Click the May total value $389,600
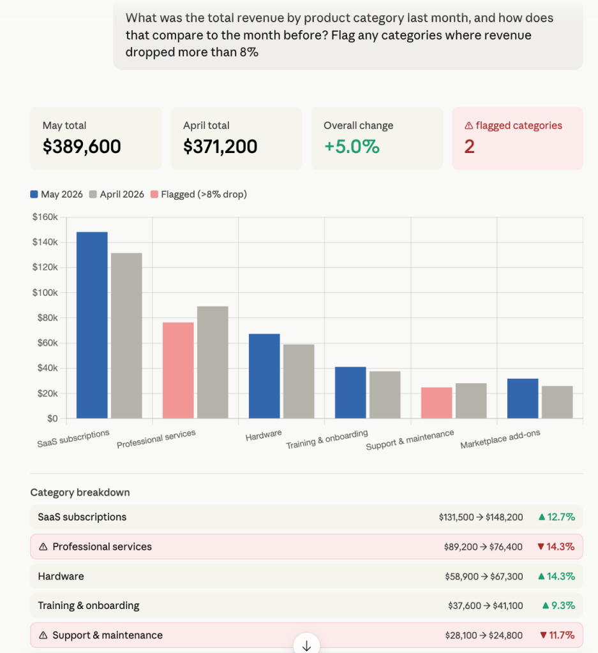[x=82, y=147]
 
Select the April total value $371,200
[x=220, y=147]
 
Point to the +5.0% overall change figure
[x=352, y=147]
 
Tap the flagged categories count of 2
[x=469, y=147]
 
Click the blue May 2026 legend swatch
[x=34, y=194]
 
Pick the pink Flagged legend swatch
[x=154, y=194]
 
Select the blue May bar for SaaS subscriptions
[x=92, y=325]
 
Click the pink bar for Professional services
[x=178, y=371]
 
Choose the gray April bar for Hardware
[x=299, y=381]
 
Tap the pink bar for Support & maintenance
[x=437, y=403]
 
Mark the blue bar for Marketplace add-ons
[x=523, y=398]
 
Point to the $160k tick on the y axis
[x=45, y=217]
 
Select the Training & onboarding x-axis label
[x=327, y=439]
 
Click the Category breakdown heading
[x=80, y=492]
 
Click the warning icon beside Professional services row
[x=43, y=547]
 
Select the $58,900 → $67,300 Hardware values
[x=484, y=576]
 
